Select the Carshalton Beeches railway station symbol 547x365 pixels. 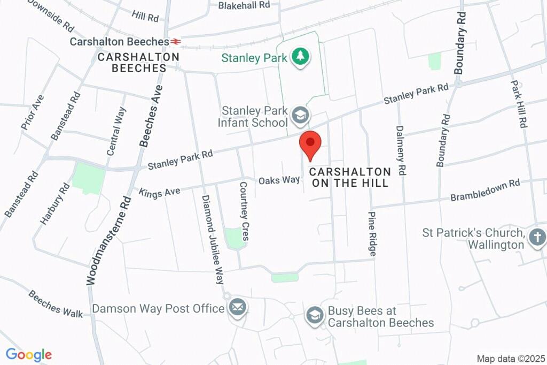coord(176,41)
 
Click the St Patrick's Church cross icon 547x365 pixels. coord(537,237)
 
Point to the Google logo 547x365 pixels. coord(29,354)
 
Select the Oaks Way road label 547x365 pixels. coord(279,180)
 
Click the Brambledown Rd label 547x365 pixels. coord(485,191)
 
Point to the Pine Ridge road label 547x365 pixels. coord(373,232)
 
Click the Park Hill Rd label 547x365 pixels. coord(518,104)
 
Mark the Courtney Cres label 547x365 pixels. coord(244,210)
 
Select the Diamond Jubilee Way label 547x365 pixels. coord(213,239)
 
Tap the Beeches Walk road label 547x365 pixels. coord(56,303)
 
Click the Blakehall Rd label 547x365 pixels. coord(244,5)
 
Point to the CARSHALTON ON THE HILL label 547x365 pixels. coord(350,177)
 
